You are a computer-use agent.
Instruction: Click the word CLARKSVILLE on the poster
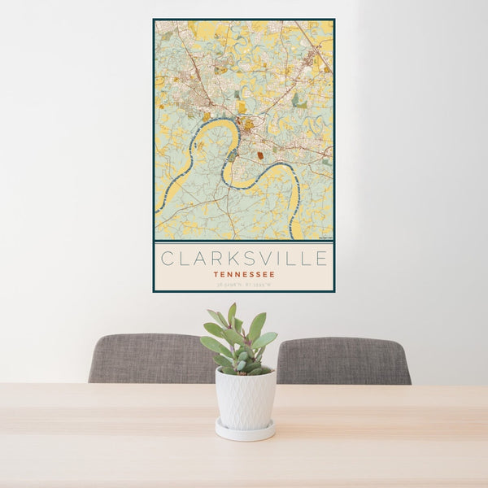coord(244,259)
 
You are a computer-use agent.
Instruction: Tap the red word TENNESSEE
coord(244,274)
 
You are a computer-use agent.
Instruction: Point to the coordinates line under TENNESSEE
coord(244,284)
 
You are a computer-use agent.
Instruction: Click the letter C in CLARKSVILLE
coord(167,259)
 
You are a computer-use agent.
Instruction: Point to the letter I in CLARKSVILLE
coord(278,259)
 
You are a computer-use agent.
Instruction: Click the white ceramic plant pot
coord(246,399)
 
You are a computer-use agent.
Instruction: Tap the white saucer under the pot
coord(246,432)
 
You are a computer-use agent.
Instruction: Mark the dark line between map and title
coord(244,242)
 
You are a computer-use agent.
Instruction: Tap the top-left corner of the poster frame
coord(154,20)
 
